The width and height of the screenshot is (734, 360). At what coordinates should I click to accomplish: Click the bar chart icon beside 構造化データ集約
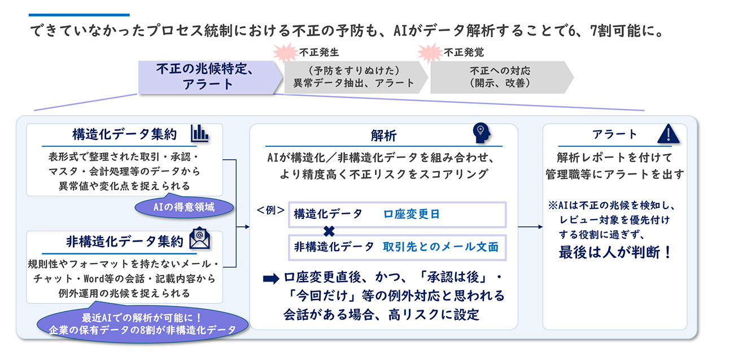pos(199,133)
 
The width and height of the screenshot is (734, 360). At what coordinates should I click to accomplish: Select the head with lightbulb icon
pos(482,133)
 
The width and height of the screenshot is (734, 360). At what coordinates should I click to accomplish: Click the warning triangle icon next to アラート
pos(669,134)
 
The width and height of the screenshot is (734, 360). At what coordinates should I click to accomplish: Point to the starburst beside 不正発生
pos(285,52)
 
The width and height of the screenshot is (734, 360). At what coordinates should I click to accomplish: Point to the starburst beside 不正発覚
pos(430,52)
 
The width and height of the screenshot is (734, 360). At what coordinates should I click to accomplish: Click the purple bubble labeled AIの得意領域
pos(184,207)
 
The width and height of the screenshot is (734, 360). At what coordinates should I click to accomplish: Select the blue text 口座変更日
pos(411,214)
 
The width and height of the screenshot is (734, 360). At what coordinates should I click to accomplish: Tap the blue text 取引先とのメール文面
pos(441,247)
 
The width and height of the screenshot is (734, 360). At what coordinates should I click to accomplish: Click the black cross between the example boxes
pos(329,231)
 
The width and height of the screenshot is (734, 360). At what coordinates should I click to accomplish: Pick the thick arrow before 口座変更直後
pos(271,279)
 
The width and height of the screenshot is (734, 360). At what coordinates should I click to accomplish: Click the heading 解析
pos(384,135)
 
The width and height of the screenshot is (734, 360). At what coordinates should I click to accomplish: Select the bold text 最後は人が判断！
pos(615,252)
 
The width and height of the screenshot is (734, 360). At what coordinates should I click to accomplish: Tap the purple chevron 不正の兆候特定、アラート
pos(209,77)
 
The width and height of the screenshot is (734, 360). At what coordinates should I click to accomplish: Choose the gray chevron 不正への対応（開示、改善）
pos(501,77)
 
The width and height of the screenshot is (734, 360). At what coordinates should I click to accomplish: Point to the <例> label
pos(270,210)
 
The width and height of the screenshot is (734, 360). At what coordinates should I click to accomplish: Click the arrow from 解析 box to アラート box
pos(530,227)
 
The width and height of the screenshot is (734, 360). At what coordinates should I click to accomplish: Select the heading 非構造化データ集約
pos(125,242)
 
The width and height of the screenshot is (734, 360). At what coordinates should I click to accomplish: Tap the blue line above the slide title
pos(79,15)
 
